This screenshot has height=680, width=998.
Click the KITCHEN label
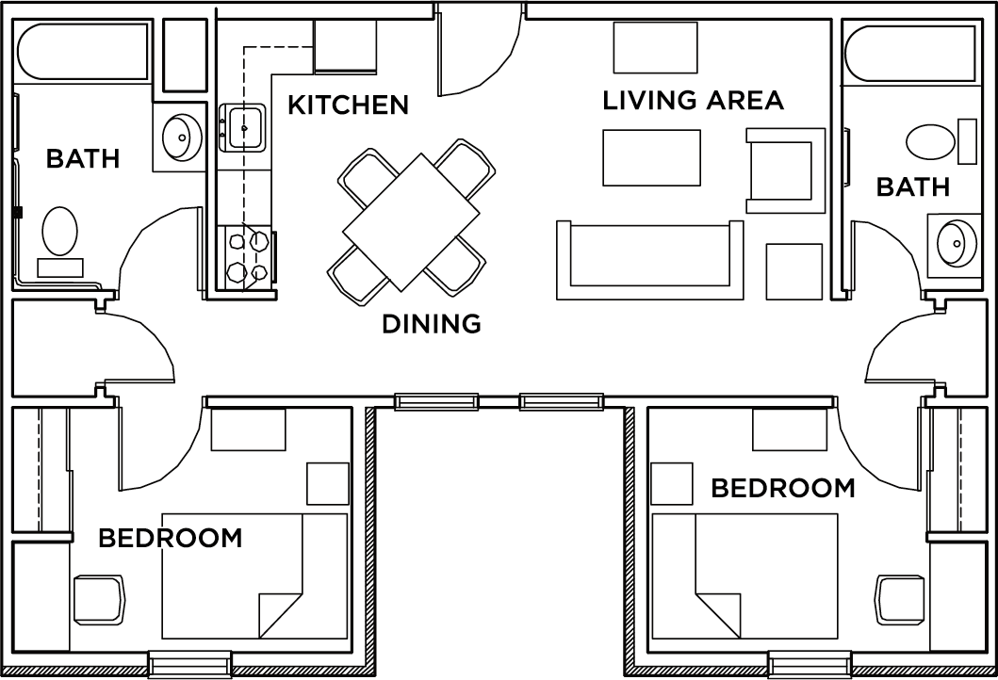348,105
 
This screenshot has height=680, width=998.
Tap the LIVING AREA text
693,100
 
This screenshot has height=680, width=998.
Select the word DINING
431,324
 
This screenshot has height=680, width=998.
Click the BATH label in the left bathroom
83,158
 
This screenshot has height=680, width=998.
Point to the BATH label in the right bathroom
912,187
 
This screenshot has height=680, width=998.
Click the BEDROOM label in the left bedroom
170,538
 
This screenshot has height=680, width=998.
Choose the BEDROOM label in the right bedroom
782,488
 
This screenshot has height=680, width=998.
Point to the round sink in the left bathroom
180,138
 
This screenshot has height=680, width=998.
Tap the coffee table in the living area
651,157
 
